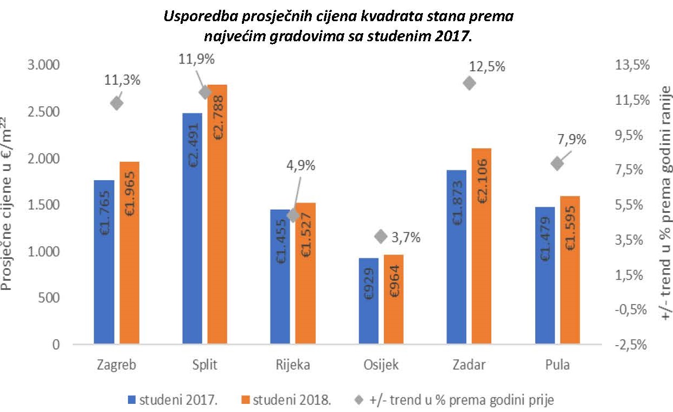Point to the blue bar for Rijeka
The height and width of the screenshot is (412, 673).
coord(280,277)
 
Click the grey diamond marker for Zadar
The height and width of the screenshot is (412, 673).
coord(469,83)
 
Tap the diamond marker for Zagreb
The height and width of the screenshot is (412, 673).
coord(116,103)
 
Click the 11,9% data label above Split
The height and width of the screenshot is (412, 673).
coord(197,59)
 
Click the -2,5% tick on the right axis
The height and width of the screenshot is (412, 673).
coord(632,345)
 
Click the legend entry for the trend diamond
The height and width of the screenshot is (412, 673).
coord(455,401)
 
